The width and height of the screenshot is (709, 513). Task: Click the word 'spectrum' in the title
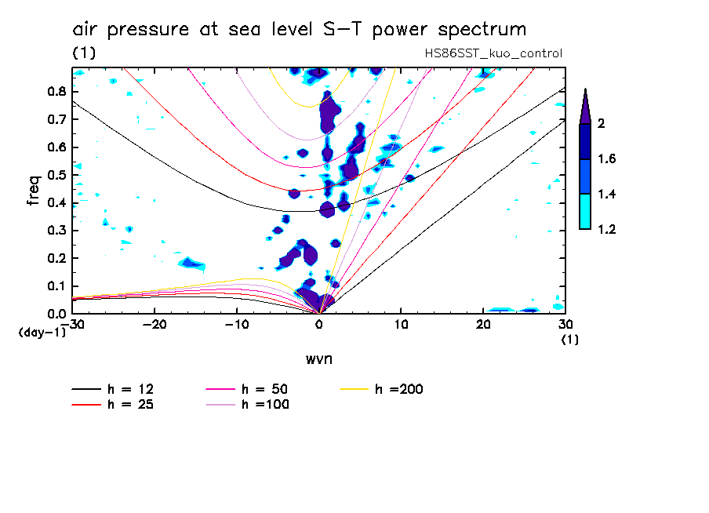(x=482, y=31)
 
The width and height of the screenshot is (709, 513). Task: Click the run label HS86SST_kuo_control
(x=492, y=53)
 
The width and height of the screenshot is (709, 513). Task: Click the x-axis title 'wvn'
(x=318, y=358)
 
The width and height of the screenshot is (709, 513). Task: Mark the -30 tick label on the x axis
(x=72, y=324)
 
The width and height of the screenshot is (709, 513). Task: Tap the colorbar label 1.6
(x=607, y=159)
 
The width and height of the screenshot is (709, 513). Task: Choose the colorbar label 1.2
(x=607, y=230)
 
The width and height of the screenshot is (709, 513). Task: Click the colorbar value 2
(x=602, y=124)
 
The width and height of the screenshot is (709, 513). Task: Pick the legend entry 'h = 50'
(x=265, y=389)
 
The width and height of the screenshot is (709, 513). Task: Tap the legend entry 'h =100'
(x=265, y=405)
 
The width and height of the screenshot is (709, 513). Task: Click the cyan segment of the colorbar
(x=585, y=212)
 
